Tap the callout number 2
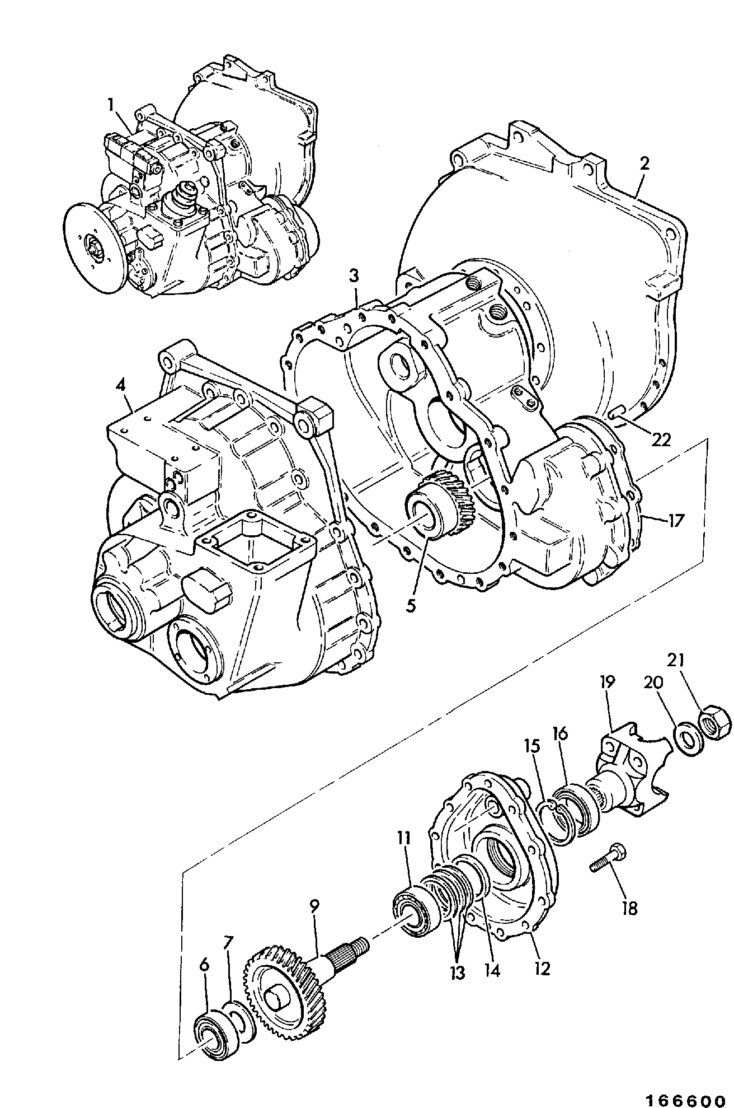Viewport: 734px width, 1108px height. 644,163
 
